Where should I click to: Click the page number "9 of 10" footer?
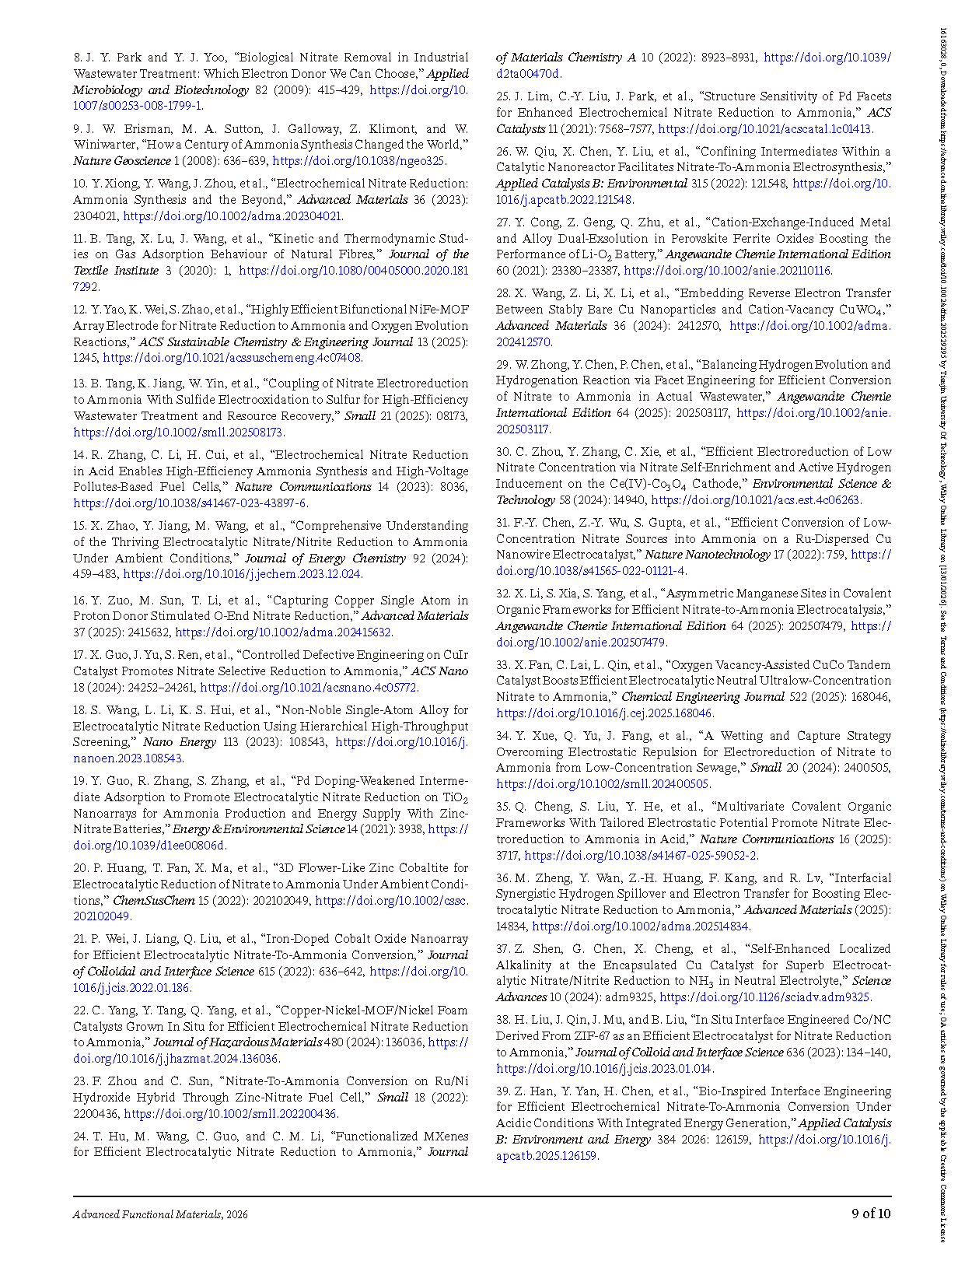(871, 1214)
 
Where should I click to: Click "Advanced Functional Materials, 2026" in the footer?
(160, 1214)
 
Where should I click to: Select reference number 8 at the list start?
(78, 58)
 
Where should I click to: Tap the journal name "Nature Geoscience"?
(122, 161)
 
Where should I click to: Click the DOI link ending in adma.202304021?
(233, 216)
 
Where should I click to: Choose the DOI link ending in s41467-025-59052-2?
(641, 856)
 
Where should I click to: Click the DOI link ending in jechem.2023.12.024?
(242, 575)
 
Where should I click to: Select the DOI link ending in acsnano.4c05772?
(309, 688)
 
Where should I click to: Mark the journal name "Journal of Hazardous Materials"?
(237, 1042)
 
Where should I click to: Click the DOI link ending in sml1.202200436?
(230, 1114)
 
